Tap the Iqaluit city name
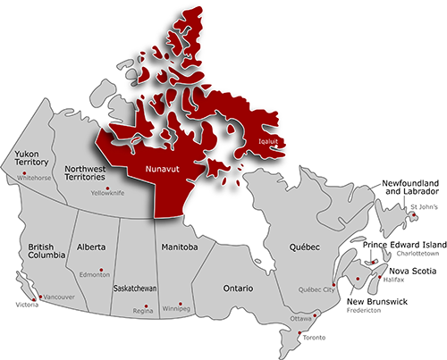pos(268,141)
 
